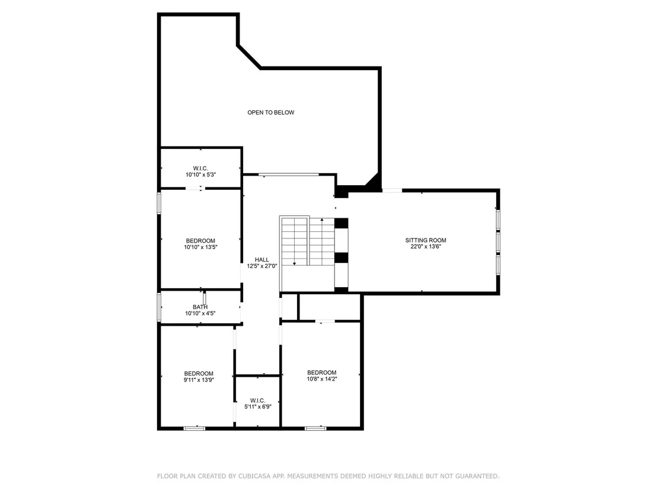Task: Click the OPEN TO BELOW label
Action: tap(270, 112)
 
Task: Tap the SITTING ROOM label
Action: tap(426, 240)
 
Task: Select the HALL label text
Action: tap(262, 260)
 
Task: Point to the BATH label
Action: tap(200, 307)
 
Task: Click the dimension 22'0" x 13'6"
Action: tap(426, 247)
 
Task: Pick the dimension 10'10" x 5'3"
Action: tap(200, 175)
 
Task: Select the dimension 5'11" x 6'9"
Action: tap(258, 406)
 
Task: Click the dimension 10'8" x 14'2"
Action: tap(322, 379)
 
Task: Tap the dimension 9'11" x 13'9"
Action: tap(199, 380)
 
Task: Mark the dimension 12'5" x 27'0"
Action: tap(262, 266)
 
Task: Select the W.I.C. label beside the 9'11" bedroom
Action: tap(258, 401)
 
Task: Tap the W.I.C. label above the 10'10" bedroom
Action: tap(200, 168)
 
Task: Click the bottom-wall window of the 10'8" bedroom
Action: tap(315, 428)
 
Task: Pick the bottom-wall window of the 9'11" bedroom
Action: tap(194, 428)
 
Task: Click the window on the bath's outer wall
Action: tap(160, 307)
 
